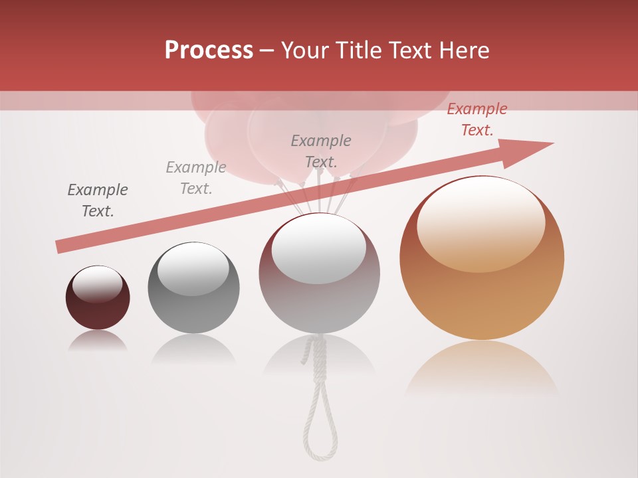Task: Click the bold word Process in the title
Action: (209, 50)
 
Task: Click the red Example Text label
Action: (477, 119)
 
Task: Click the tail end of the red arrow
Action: (60, 247)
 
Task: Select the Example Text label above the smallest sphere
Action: (98, 200)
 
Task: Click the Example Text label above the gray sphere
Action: (196, 178)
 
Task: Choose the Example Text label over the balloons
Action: (321, 151)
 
